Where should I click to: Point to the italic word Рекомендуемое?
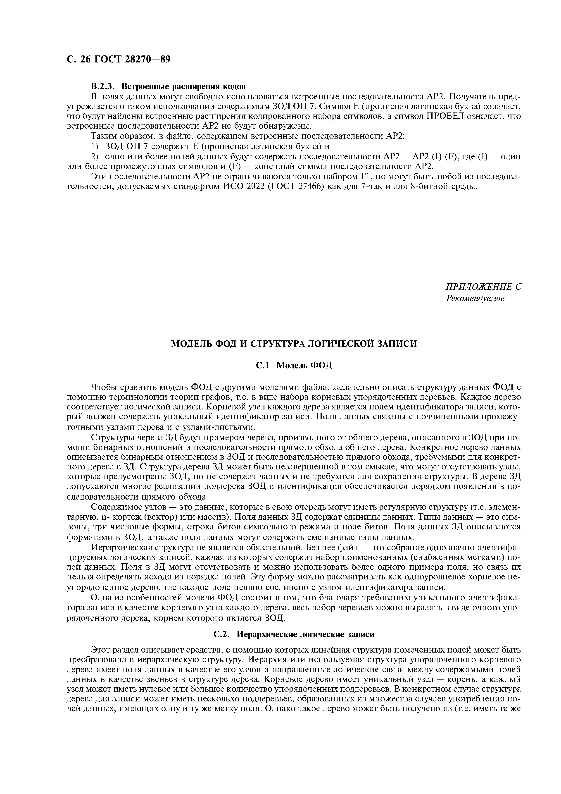(x=475, y=298)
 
